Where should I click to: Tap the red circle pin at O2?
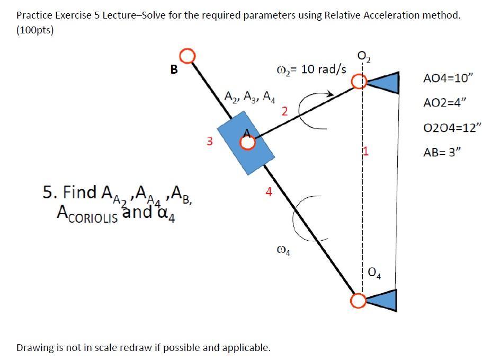point(360,82)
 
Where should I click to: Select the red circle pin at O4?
point(359,301)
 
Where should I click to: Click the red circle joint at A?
point(247,142)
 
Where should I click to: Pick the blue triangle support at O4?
point(383,301)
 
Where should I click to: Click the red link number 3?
point(210,142)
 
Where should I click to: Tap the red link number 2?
point(284,111)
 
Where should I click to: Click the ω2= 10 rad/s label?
point(311,70)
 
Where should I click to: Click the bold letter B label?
point(173,69)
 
